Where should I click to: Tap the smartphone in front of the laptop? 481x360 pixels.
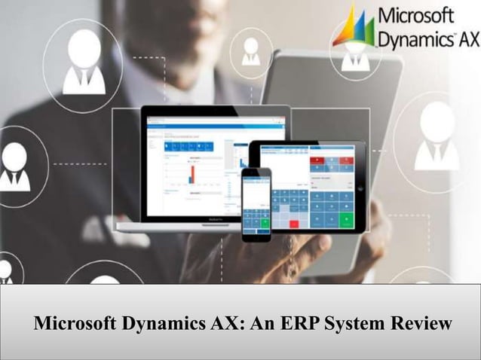pos(256,203)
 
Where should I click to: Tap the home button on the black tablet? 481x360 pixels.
pos(360,188)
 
